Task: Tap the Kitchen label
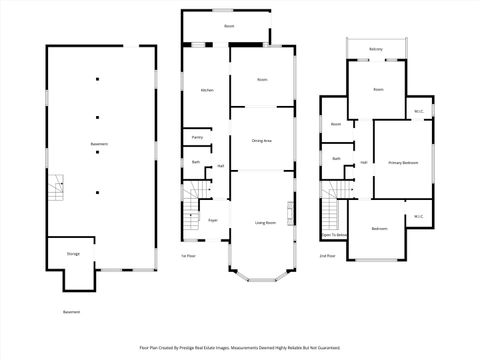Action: coord(207,91)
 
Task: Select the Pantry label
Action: coord(197,137)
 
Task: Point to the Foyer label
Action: coord(213,220)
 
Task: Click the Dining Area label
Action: coord(262,141)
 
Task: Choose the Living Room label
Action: coord(265,223)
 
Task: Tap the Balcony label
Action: coord(376,49)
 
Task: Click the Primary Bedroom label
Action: coord(403,162)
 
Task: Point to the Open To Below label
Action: coord(335,236)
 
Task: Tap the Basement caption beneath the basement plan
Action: coord(71,312)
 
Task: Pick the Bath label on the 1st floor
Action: coord(196,161)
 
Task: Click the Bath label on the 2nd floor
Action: coord(336,159)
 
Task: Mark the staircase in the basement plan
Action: coord(56,186)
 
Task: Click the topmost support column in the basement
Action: coord(98,78)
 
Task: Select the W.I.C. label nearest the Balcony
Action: coord(418,111)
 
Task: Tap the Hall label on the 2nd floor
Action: coord(365,162)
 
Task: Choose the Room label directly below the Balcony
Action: coord(378,90)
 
